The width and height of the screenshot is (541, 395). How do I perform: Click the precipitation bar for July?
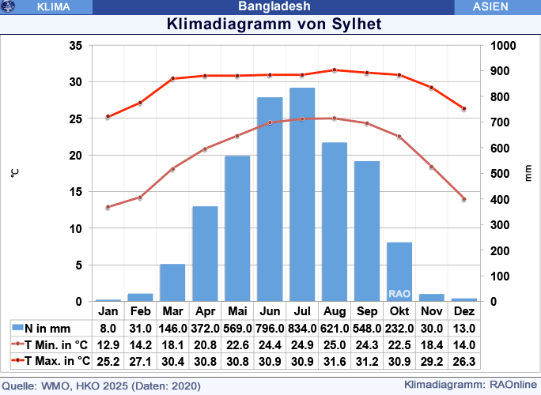[302, 194]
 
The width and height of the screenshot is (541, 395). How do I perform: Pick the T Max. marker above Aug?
[335, 70]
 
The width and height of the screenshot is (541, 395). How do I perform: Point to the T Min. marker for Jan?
[108, 207]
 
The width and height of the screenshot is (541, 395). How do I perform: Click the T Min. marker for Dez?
[464, 199]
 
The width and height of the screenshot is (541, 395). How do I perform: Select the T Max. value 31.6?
[334, 361]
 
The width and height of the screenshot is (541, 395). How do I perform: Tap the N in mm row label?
[47, 328]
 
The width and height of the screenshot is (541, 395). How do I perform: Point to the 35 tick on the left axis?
[76, 46]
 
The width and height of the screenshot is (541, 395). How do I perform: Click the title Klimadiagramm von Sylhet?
[274, 24]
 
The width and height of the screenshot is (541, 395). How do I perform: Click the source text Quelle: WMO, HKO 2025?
[100, 386]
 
